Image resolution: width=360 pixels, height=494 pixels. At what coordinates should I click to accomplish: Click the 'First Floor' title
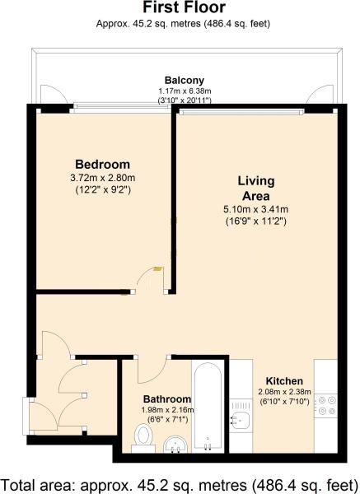[x=184, y=7]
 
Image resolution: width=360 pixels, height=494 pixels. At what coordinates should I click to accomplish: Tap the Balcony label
[x=185, y=80]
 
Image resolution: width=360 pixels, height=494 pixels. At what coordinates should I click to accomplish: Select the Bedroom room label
[x=102, y=164]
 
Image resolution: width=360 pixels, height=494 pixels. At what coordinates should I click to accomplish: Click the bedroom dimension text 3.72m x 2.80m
[x=103, y=178]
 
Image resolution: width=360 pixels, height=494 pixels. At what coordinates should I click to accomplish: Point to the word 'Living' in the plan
[x=256, y=181]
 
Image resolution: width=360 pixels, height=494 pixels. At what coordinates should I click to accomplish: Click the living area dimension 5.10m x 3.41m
[x=255, y=209]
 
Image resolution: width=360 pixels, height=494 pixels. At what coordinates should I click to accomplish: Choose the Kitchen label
[x=284, y=381]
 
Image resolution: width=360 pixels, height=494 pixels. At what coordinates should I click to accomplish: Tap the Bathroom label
[x=167, y=398]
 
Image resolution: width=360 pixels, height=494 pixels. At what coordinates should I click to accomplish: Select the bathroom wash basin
[x=175, y=445]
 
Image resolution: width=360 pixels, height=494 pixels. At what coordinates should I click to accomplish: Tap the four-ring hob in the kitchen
[x=326, y=405]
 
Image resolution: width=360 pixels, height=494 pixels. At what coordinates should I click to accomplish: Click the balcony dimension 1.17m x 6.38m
[x=185, y=91]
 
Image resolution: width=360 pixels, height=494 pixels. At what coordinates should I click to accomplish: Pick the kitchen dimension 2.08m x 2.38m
[x=285, y=392]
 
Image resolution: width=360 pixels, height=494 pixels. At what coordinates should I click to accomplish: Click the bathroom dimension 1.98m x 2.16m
[x=167, y=410]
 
